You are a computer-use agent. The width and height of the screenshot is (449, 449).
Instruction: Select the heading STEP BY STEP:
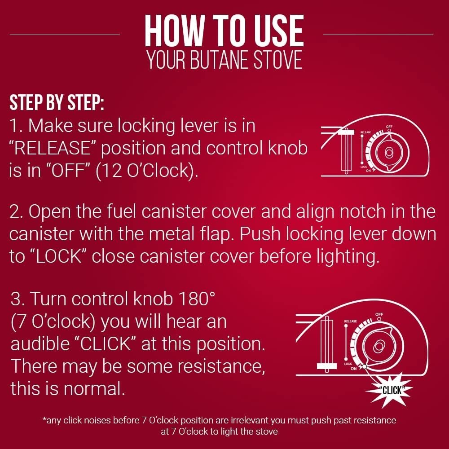click(57, 103)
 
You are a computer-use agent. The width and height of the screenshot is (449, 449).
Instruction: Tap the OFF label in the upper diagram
click(389, 127)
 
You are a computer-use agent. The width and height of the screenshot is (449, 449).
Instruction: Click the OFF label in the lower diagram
click(379, 314)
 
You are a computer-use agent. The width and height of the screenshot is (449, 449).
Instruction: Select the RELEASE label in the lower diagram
click(350, 321)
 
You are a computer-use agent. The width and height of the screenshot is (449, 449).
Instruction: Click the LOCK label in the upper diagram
click(364, 166)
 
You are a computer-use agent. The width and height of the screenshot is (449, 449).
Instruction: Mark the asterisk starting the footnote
click(44, 421)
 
